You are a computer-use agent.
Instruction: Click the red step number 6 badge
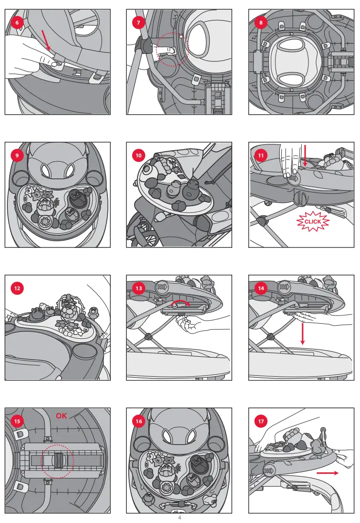click(17, 23)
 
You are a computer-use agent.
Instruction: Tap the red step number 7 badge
click(138, 23)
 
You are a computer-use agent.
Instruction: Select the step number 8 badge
click(261, 23)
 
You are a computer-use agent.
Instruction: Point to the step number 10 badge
click(138, 156)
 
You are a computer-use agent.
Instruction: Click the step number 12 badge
click(17, 288)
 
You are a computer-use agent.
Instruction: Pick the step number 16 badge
click(138, 421)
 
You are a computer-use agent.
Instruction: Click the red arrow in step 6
click(46, 40)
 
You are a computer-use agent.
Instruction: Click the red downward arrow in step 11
click(305, 156)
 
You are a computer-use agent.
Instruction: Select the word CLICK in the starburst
click(313, 222)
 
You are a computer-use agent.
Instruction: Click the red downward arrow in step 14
click(302, 333)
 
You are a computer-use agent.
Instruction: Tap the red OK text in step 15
click(61, 416)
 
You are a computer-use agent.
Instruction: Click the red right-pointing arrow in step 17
click(327, 473)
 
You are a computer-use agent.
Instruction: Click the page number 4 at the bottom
click(180, 518)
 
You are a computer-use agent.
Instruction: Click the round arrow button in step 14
click(284, 286)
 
